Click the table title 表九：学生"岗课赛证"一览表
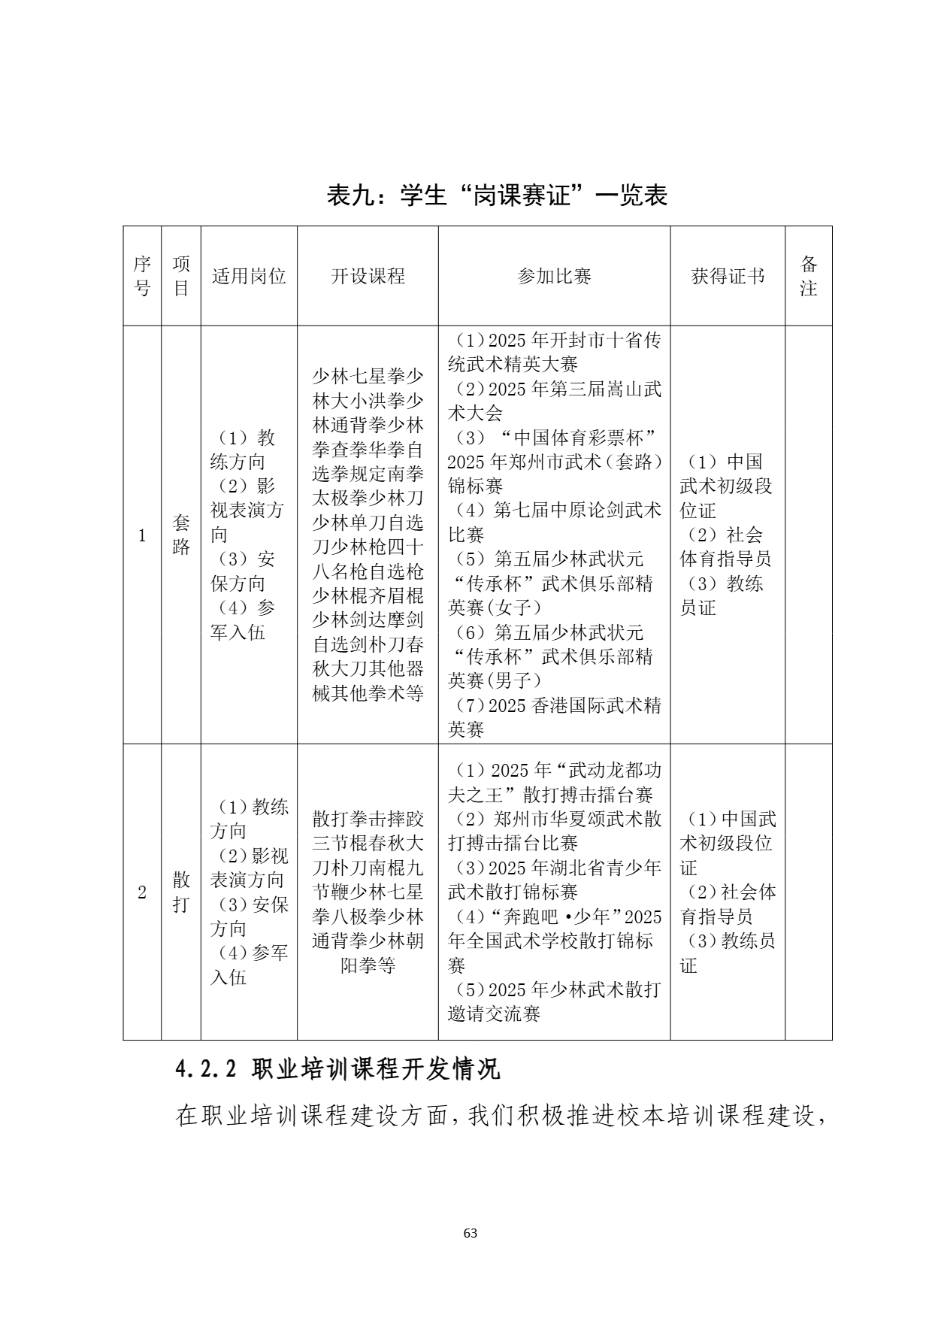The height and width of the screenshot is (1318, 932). point(497,195)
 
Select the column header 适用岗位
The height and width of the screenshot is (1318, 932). point(249,276)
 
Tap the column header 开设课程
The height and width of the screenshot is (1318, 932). point(368,276)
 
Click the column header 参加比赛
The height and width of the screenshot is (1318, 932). point(554,276)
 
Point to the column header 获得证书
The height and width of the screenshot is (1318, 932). point(727,276)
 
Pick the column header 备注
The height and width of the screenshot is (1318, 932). point(808,276)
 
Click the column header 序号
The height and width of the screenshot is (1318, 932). point(142,276)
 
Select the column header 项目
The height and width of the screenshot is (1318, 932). point(181,276)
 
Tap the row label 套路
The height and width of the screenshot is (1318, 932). point(181,535)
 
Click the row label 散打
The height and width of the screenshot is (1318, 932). point(181,892)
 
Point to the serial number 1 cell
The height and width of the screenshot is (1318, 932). point(142,535)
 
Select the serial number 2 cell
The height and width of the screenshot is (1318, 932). point(142,892)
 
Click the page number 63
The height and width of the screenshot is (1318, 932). point(471,1233)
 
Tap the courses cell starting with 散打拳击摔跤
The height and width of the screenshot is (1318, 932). point(368,892)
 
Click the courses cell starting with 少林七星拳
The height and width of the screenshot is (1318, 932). point(368,535)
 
